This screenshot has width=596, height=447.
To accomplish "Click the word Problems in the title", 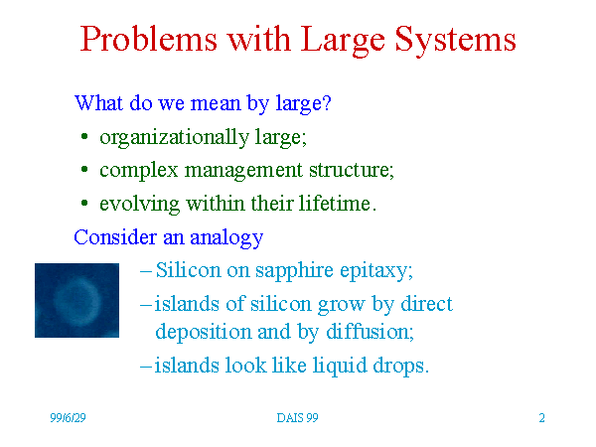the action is click(x=149, y=39).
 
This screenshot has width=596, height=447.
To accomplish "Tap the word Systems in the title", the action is click(x=455, y=41).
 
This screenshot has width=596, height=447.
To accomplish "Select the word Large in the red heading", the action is click(x=343, y=41).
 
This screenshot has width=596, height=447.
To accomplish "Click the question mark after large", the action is click(x=327, y=102).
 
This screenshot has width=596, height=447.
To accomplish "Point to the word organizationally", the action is click(x=174, y=137).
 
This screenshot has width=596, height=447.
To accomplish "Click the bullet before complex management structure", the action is click(x=84, y=170).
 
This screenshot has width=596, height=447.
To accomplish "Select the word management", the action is click(x=243, y=170).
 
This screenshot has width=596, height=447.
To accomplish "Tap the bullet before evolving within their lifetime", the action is click(x=84, y=203).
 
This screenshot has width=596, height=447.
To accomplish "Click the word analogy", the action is click(x=226, y=238).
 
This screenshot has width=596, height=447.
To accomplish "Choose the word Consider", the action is click(x=115, y=236).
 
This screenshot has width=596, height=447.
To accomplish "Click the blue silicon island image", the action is click(x=76, y=300).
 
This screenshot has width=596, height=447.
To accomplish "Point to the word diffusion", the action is click(x=370, y=331).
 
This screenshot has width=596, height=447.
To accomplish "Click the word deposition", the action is click(x=204, y=332).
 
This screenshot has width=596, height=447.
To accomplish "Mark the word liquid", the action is click(x=340, y=366).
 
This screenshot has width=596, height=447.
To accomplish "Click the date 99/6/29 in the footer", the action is click(x=68, y=418).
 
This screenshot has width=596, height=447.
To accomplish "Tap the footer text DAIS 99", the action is click(x=297, y=418).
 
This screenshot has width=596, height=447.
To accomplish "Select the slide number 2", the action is click(x=541, y=418).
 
